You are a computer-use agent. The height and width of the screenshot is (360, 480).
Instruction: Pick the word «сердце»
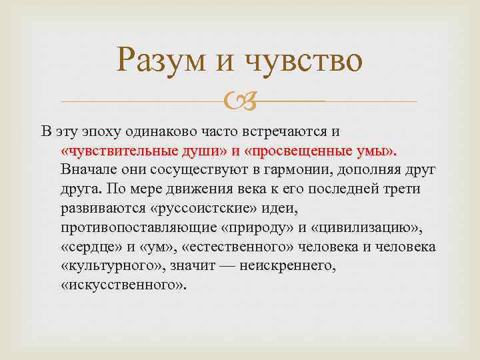click(x=88, y=247)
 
